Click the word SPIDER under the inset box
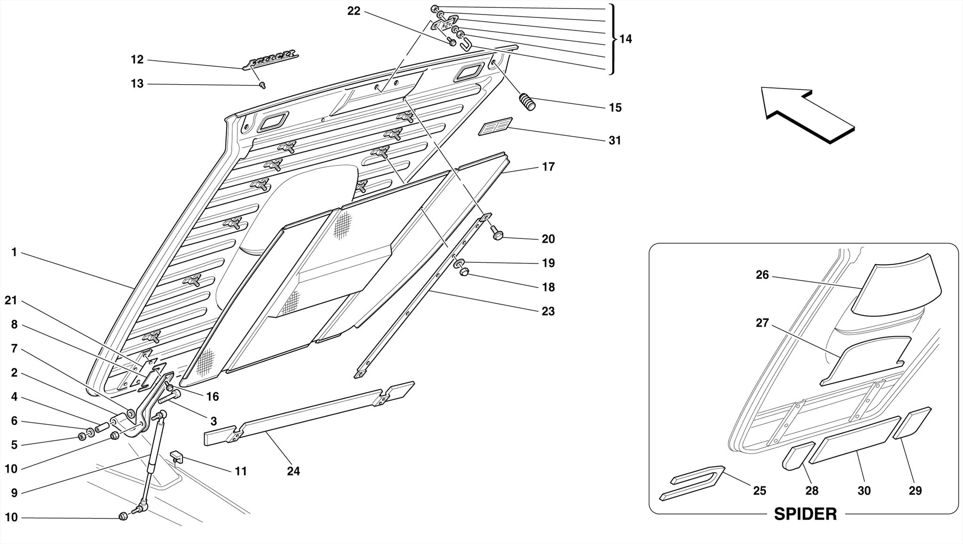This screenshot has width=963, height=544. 805,514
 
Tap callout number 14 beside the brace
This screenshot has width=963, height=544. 625,39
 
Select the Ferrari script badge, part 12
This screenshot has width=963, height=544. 270,59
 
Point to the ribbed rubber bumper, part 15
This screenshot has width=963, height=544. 527,102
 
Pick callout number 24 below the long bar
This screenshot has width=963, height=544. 293,471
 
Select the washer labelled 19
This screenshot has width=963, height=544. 459,262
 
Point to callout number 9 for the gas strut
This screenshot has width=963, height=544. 14,493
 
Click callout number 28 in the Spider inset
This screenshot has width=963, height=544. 812,490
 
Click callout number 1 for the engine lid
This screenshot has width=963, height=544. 14,252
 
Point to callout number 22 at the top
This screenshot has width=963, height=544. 354,11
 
